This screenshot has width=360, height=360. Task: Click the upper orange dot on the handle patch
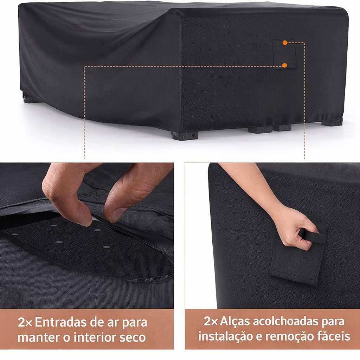pyautogui.click(x=285, y=43)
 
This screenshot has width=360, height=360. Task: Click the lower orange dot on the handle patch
pyautogui.click(x=284, y=65)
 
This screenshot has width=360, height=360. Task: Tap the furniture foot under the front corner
pyautogui.click(x=185, y=135)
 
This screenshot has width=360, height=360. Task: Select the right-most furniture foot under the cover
pyautogui.click(x=332, y=122)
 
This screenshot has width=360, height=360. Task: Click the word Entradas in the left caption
pyautogui.click(x=66, y=322)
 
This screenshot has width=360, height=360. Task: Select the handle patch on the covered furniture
pyautogui.click(x=284, y=54)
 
